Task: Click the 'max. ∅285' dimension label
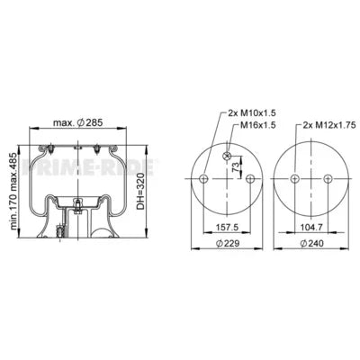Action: pyautogui.click(x=79, y=122)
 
